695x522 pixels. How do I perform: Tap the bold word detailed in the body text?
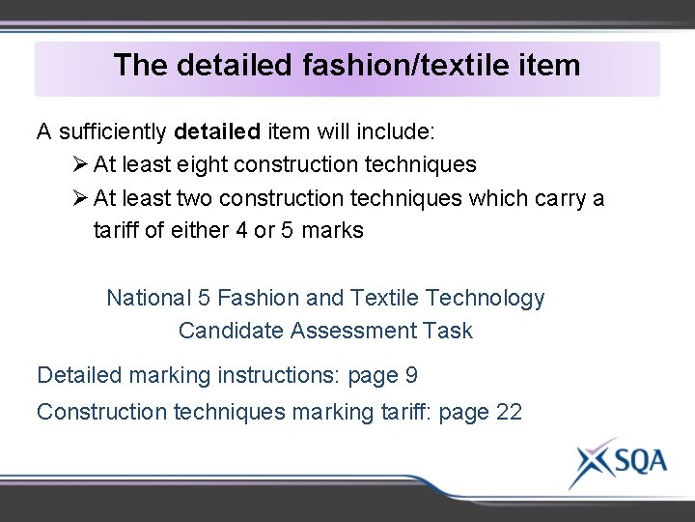click(218, 130)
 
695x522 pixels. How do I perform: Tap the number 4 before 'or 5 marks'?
click(241, 231)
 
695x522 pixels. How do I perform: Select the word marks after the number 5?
click(332, 231)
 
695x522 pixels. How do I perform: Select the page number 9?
click(411, 375)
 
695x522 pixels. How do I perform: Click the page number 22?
click(509, 412)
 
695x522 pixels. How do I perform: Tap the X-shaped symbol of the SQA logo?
click(590, 463)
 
